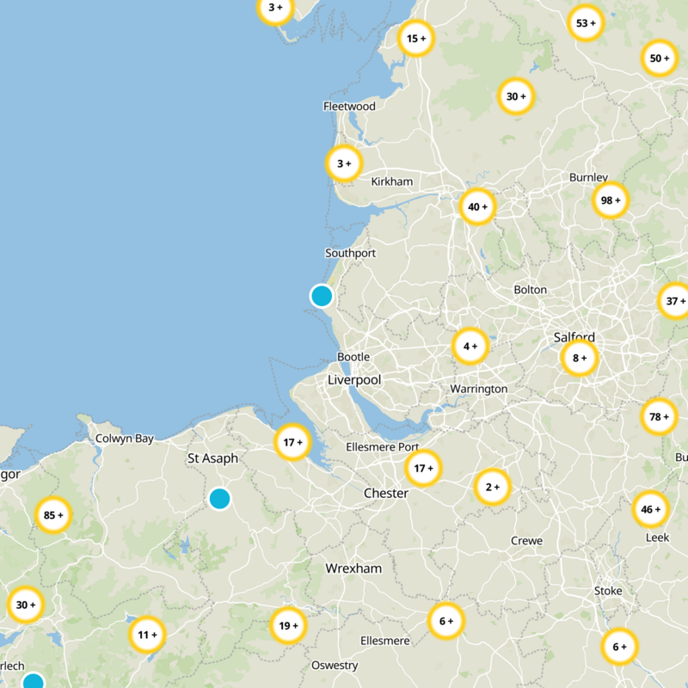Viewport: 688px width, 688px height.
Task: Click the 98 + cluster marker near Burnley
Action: [611, 200]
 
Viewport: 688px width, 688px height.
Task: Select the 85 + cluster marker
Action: [53, 516]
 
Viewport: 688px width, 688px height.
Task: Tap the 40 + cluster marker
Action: [477, 206]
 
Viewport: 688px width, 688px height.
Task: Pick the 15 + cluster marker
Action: [416, 39]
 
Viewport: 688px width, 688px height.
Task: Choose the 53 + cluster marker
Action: [587, 23]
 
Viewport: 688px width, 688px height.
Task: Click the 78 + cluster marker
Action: [659, 417]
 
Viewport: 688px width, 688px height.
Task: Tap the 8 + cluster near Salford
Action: [580, 358]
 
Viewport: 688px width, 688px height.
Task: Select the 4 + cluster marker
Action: [470, 347]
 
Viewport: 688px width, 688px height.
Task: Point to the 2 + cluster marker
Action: [493, 488]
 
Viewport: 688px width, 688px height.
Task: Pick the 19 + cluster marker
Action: [287, 625]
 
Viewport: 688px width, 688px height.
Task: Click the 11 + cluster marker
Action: [147, 636]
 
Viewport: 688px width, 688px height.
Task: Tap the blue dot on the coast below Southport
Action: [322, 296]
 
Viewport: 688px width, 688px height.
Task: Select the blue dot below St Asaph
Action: [219, 498]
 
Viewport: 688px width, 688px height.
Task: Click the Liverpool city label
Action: [353, 379]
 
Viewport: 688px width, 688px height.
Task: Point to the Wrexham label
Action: [353, 568]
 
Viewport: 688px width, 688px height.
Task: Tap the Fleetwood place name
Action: [349, 106]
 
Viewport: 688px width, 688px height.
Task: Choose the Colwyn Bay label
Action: [125, 439]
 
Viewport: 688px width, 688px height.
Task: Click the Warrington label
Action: [479, 389]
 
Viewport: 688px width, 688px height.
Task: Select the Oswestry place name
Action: [335, 666]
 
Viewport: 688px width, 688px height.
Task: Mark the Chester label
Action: [386, 494]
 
